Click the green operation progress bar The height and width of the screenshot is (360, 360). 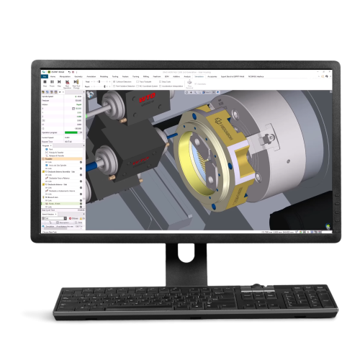coord(72,132)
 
